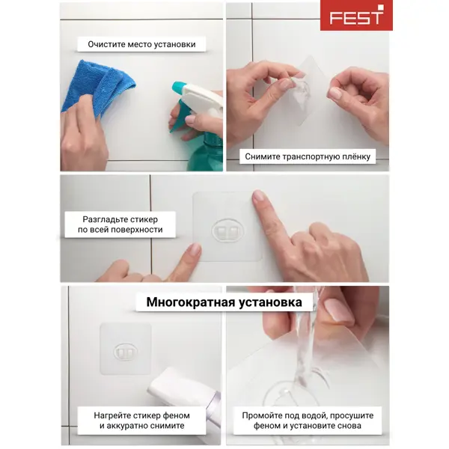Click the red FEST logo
[x=356, y=16]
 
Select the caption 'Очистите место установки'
[x=141, y=44]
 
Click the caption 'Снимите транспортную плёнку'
[x=308, y=156]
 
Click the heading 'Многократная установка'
[x=224, y=302]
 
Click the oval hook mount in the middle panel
[x=227, y=230]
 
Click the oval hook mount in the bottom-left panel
[x=126, y=352]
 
